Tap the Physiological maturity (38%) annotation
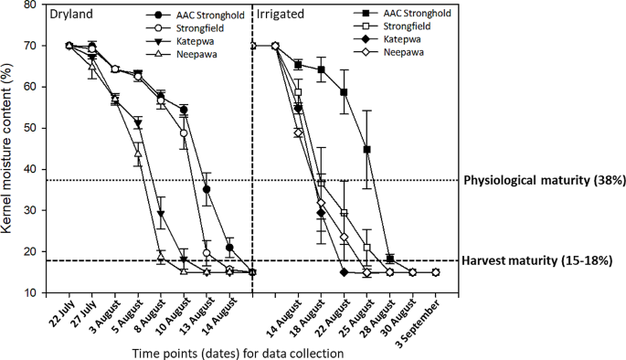click(x=546, y=180)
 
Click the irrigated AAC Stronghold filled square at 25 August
click(x=367, y=149)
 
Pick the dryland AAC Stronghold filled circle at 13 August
click(x=207, y=189)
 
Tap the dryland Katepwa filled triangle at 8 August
click(x=161, y=214)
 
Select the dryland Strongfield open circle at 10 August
click(x=184, y=133)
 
